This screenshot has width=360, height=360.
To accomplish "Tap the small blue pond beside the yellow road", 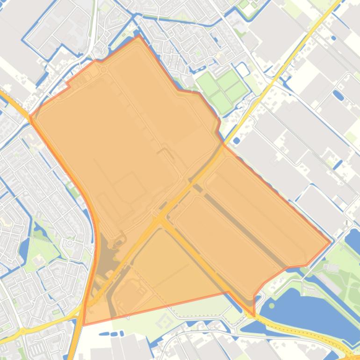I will [x=236, y=140].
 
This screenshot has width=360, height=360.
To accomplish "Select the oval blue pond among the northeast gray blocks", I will [x=338, y=96].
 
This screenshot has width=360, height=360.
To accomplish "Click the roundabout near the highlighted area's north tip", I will [x=103, y=69].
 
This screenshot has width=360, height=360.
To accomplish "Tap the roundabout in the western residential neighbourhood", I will [x=70, y=243].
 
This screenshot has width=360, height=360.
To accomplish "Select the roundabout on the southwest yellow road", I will [x=22, y=331].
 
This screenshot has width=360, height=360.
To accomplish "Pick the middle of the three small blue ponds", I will [x=113, y=334].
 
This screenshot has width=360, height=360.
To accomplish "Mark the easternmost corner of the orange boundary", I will [x=330, y=243].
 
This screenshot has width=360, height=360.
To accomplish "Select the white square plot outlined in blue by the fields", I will [x=242, y=70].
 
